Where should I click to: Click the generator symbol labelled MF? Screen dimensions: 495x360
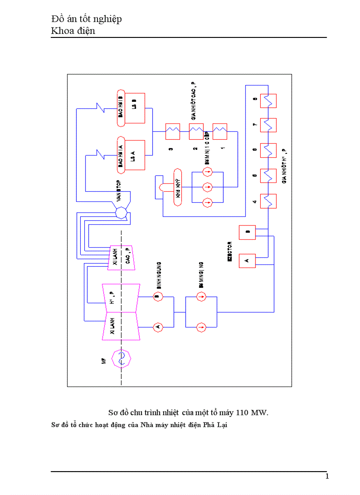click(122, 358)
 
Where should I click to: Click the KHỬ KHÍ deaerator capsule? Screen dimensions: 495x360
click(178, 187)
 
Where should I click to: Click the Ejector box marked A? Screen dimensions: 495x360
click(247, 261)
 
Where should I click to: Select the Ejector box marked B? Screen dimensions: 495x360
click(247, 232)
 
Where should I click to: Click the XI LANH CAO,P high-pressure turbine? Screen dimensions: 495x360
click(121, 257)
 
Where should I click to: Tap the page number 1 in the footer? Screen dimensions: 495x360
click(327, 476)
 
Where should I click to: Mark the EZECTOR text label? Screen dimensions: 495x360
click(229, 252)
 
